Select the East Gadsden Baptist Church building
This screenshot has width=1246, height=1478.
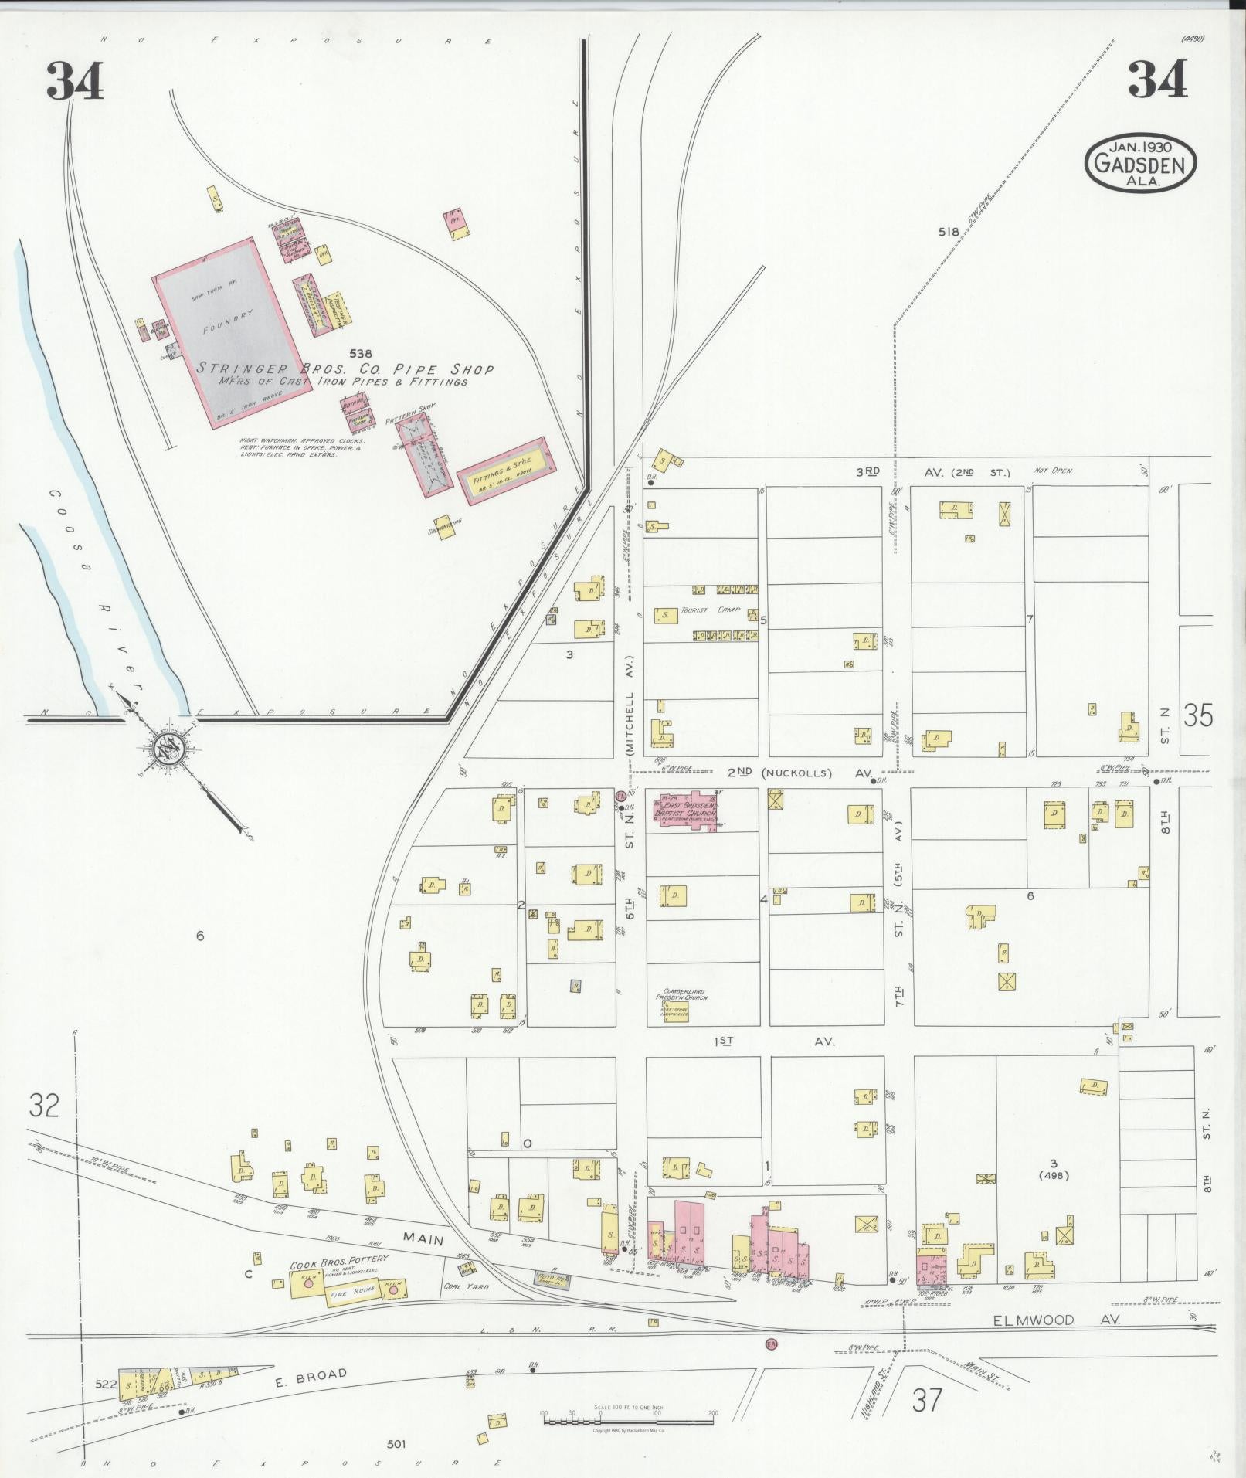[687, 809]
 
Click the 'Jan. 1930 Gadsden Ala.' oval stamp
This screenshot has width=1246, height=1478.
[1139, 163]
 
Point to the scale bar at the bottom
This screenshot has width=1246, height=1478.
[627, 1417]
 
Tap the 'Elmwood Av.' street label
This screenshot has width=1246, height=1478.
[1056, 1320]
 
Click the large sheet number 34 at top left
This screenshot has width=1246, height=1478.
[75, 81]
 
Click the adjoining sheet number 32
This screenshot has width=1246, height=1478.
[44, 1106]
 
